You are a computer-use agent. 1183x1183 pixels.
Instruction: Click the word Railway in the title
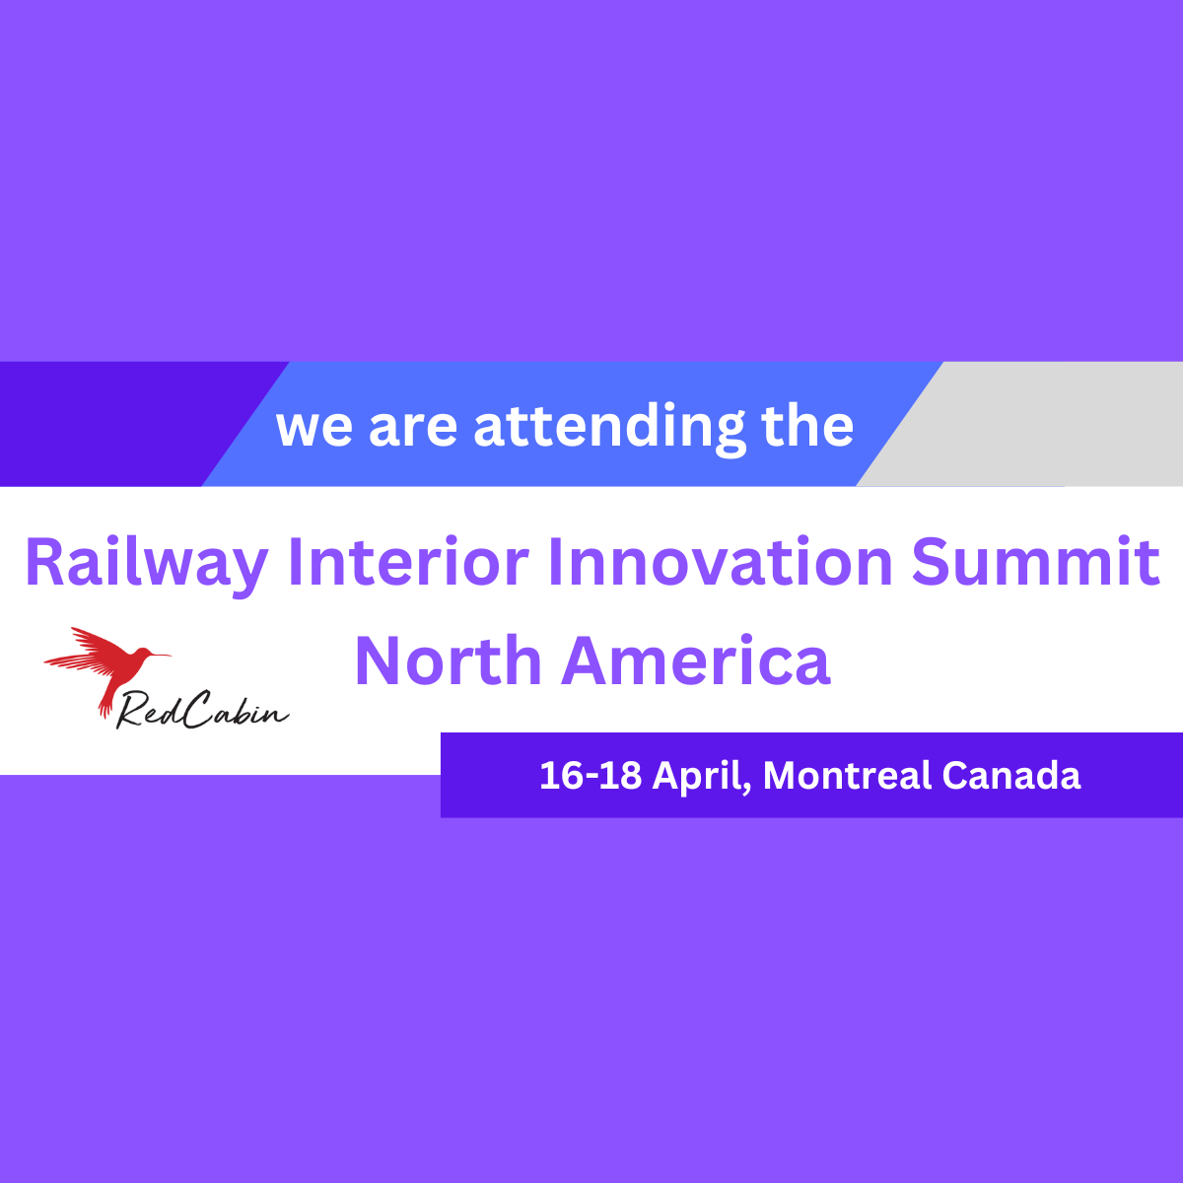tap(147, 564)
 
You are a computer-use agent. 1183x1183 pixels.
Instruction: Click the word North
tap(449, 661)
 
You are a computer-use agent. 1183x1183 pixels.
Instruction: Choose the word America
tap(696, 661)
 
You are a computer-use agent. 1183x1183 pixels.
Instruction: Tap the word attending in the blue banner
tap(609, 428)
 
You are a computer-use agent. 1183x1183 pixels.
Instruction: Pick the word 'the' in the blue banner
tap(807, 426)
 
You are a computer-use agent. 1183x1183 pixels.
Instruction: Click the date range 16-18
tap(591, 775)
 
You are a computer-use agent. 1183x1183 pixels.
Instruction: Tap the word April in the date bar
tap(701, 777)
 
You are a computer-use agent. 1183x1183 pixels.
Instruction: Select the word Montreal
tap(847, 775)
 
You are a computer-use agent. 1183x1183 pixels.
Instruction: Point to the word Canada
tap(1011, 775)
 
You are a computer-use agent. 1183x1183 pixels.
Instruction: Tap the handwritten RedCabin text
tap(203, 710)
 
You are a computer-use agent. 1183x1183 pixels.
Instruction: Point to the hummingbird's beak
tap(161, 655)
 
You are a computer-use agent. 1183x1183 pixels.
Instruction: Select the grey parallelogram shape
tap(1019, 424)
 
